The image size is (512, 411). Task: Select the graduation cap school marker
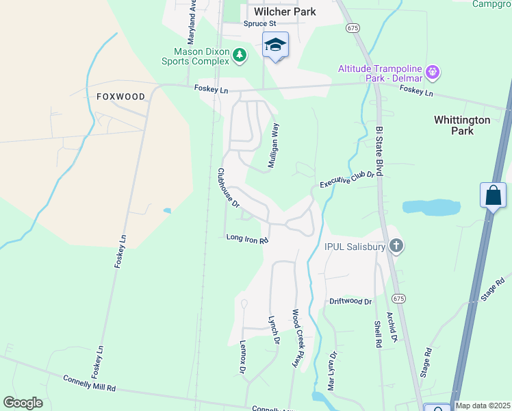(275, 45)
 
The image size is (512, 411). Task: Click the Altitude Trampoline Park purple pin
(432, 71)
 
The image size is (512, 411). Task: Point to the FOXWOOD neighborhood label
(121, 97)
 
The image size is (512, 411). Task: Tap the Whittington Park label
(462, 125)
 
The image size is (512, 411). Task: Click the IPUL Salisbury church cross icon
(396, 245)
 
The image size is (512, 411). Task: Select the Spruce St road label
(259, 23)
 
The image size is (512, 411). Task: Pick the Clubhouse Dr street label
(229, 188)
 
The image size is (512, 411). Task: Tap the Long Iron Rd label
(246, 238)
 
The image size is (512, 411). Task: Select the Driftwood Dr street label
(350, 301)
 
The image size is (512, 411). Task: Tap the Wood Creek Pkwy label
(297, 339)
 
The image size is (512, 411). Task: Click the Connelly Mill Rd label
(89, 382)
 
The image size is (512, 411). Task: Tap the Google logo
(23, 403)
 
